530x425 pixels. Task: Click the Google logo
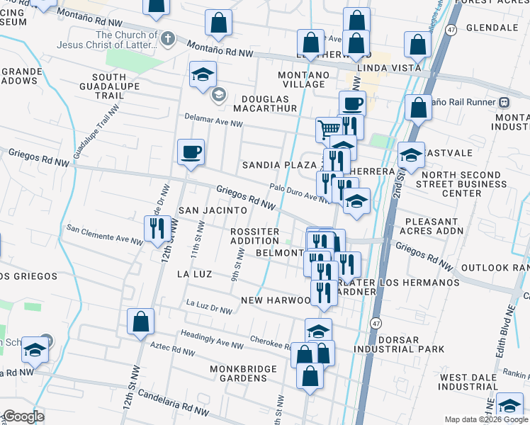(x=23, y=417)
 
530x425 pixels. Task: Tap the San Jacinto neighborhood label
(x=213, y=210)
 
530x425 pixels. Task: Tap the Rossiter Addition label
(x=254, y=236)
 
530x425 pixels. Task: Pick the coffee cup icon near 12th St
(x=191, y=152)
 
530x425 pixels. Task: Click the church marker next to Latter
(x=168, y=38)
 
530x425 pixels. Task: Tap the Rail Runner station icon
(x=504, y=101)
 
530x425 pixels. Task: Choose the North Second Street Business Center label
(x=462, y=184)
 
